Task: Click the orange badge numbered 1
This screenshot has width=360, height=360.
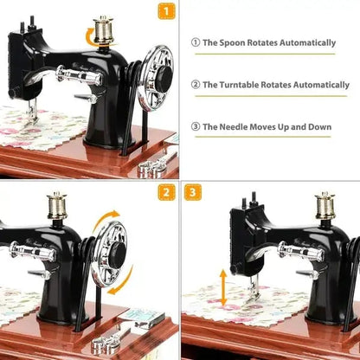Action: click(x=166, y=11)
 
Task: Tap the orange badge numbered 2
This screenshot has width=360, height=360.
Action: click(x=166, y=192)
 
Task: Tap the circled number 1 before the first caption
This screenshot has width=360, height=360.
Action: click(x=196, y=42)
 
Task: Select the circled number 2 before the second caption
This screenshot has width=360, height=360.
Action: click(x=196, y=85)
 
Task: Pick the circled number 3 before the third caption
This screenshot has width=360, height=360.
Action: click(x=196, y=127)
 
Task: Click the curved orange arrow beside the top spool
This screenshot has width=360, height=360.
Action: click(x=90, y=35)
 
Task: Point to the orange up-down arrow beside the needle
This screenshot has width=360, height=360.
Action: click(x=222, y=287)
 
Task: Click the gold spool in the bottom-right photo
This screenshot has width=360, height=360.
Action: click(x=325, y=205)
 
